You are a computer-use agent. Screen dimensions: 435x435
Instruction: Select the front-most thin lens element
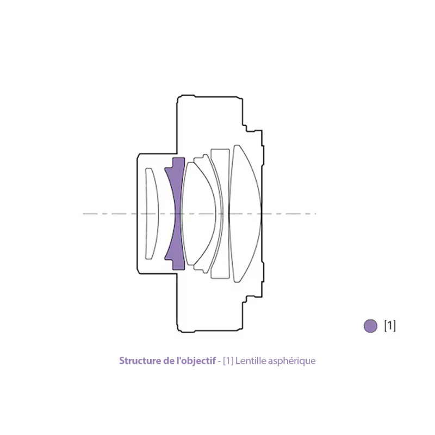[x=152, y=214]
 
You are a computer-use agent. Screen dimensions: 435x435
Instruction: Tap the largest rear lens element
[x=246, y=214]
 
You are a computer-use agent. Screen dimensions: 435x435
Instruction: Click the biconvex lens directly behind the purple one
[x=198, y=214]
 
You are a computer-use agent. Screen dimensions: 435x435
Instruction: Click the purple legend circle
[x=370, y=326]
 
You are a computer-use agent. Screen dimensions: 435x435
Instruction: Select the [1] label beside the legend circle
[x=390, y=325]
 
